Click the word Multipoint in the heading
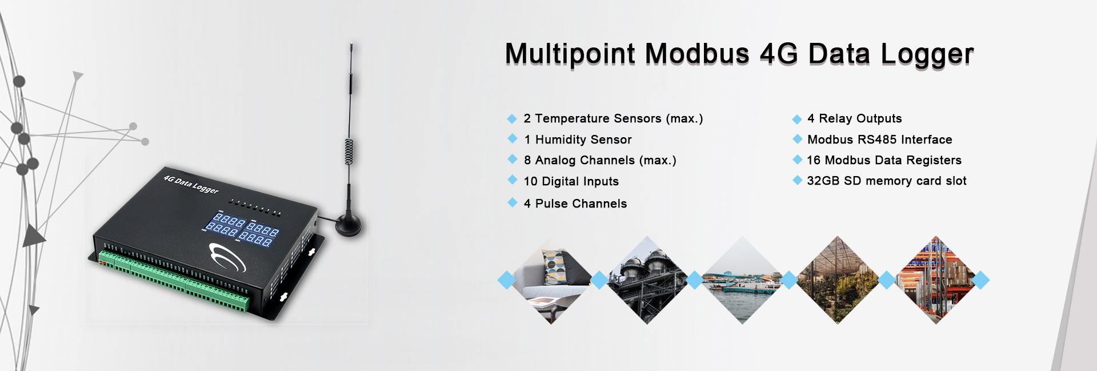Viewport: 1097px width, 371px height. [x=570, y=54]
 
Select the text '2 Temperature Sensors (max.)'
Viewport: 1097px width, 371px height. [x=613, y=119]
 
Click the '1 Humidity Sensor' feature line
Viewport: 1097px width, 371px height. [x=578, y=139]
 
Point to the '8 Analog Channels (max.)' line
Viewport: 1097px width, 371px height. [x=600, y=161]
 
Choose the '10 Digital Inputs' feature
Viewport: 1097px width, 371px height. [x=571, y=181]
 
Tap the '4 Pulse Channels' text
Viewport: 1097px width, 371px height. [x=575, y=204]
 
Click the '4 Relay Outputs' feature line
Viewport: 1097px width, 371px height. [x=855, y=118]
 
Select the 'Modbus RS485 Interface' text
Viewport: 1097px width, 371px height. [x=880, y=139]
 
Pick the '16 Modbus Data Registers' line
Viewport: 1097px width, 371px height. [x=884, y=160]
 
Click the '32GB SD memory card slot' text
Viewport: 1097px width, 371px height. [x=887, y=181]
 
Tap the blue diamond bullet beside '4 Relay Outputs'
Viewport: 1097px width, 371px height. [x=797, y=119]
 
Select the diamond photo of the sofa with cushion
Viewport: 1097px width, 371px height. [x=551, y=280]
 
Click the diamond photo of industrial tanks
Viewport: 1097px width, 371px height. [x=646, y=280]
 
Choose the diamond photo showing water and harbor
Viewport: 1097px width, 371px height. [x=742, y=280]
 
